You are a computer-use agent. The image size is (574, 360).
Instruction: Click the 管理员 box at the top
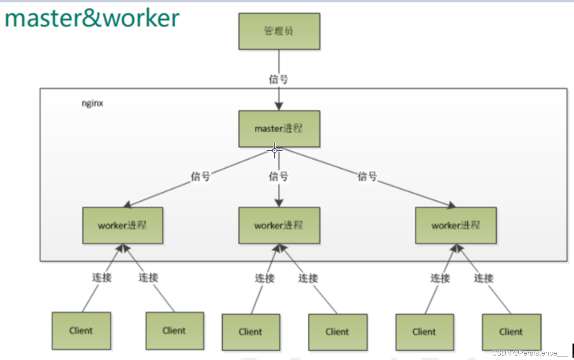coord(279,31)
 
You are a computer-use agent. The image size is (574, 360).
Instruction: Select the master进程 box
coord(279,129)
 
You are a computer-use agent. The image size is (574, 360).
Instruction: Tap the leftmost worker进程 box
coord(123,226)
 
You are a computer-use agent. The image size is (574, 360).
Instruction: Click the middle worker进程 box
coord(279,226)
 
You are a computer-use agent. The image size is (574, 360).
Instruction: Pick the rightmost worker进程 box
coord(456,226)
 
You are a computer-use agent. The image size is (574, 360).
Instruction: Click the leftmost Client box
coord(81,331)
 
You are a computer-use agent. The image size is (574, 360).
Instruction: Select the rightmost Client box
coord(511,332)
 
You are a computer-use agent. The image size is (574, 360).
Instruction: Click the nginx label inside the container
coord(92,103)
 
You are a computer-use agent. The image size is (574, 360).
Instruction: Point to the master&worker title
coord(92,18)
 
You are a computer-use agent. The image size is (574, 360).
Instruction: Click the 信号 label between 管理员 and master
coord(279,79)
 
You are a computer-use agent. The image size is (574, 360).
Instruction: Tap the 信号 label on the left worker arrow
coord(201,176)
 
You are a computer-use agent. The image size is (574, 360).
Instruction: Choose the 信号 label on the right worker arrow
coord(367,176)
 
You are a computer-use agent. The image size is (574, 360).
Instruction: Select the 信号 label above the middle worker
coord(279,176)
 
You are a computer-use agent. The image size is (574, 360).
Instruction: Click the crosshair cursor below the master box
coord(275,150)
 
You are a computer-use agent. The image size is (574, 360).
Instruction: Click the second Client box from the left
coord(175,331)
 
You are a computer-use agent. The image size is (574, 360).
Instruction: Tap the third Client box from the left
coord(251,332)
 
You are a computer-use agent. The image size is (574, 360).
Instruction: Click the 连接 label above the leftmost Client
coord(102,277)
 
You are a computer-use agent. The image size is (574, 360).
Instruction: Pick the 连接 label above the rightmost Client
coord(484,278)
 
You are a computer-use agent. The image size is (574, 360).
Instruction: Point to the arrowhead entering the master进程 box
coord(279,106)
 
